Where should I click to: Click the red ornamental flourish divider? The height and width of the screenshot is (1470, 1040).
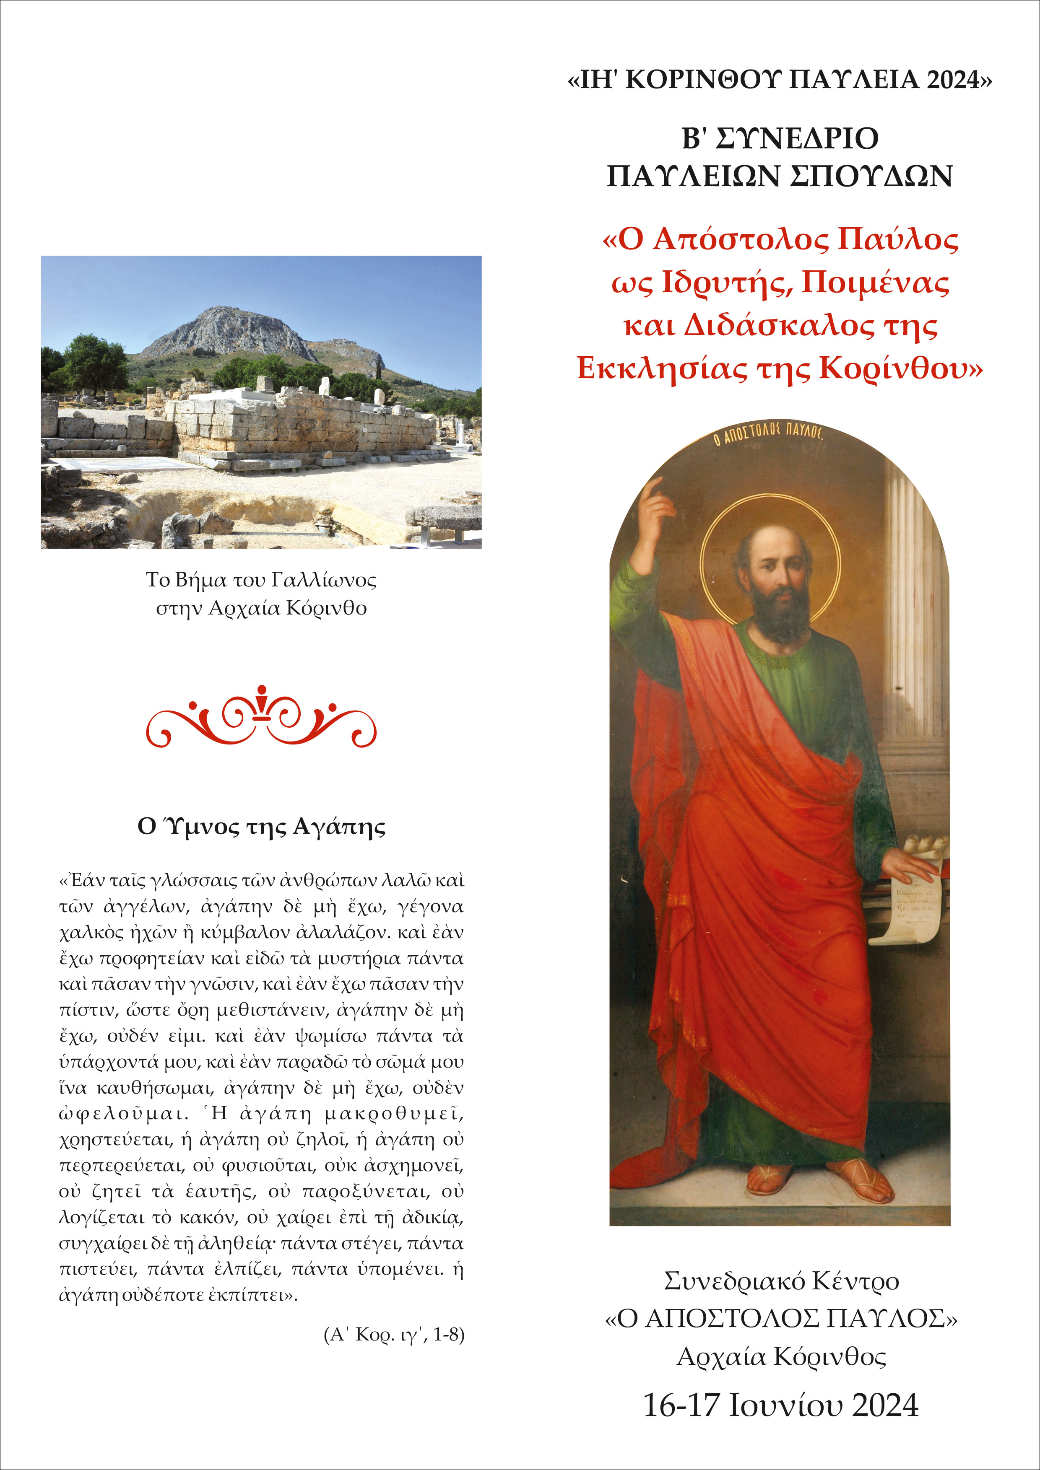261,717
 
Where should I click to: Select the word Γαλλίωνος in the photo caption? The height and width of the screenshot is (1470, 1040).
323,580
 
